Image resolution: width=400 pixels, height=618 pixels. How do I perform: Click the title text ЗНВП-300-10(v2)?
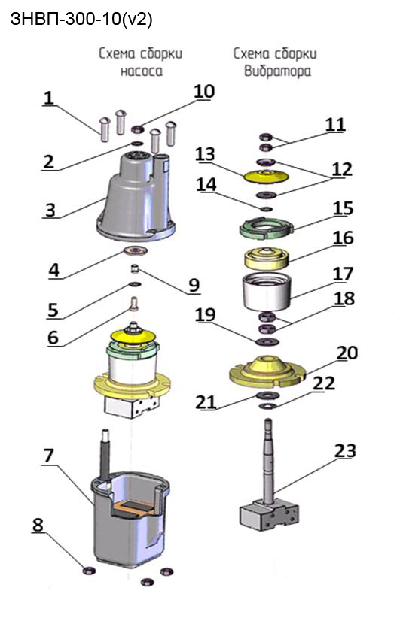[81, 19]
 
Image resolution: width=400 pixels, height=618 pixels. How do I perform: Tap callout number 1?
[48, 98]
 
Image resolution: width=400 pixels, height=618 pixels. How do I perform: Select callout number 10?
[204, 91]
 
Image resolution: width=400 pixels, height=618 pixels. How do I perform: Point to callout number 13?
[206, 154]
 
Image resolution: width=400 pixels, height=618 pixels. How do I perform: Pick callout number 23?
[345, 450]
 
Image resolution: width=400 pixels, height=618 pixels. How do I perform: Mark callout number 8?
[38, 525]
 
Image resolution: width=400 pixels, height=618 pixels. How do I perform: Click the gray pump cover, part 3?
[136, 196]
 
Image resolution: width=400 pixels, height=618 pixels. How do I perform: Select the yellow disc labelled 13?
[267, 176]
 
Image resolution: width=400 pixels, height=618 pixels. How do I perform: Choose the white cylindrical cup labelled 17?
[267, 291]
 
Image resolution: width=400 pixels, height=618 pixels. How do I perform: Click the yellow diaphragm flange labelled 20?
[267, 371]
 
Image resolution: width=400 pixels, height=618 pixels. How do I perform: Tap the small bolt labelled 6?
[134, 304]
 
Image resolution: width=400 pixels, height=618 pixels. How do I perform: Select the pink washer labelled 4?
[136, 250]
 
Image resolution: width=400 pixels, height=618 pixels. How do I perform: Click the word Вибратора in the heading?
[277, 71]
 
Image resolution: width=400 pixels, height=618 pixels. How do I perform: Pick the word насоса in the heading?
[141, 71]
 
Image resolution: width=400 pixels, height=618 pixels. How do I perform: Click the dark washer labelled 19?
[267, 341]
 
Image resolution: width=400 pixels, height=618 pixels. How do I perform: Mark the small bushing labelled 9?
[135, 270]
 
